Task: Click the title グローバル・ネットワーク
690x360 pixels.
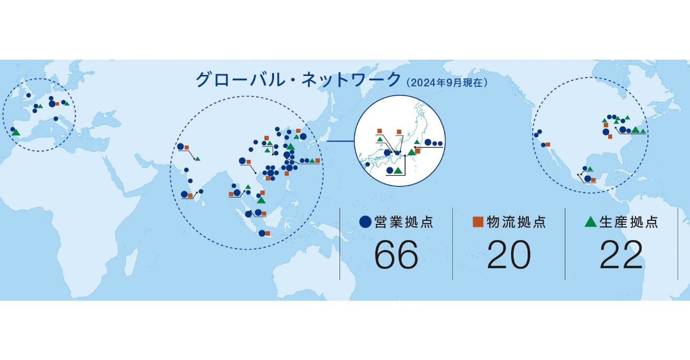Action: pyautogui.click(x=298, y=79)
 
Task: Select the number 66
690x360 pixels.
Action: pyautogui.click(x=396, y=255)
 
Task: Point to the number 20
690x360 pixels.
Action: pyautogui.click(x=509, y=255)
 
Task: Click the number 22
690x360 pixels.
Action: pyautogui.click(x=621, y=255)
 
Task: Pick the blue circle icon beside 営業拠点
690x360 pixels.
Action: pyautogui.click(x=365, y=221)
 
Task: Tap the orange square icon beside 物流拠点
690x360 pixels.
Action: pyautogui.click(x=478, y=221)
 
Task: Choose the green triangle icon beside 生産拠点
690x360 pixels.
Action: pyautogui.click(x=590, y=221)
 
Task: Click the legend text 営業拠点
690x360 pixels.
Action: pyautogui.click(x=404, y=222)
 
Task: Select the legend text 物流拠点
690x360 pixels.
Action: pyautogui.click(x=517, y=222)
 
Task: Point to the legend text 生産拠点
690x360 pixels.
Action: pyautogui.click(x=629, y=222)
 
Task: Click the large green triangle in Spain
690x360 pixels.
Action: pyautogui.click(x=16, y=133)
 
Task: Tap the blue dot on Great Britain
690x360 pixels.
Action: pyautogui.click(x=29, y=95)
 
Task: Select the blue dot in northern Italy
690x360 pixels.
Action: pyautogui.click(x=56, y=119)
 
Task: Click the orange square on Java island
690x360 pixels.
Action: pyautogui.click(x=268, y=233)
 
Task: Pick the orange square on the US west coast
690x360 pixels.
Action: pyautogui.click(x=548, y=144)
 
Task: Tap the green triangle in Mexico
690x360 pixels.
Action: pyautogui.click(x=590, y=169)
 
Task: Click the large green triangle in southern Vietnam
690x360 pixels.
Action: pyautogui.click(x=261, y=200)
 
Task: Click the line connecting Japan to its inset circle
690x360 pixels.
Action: pyautogui.click(x=341, y=141)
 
